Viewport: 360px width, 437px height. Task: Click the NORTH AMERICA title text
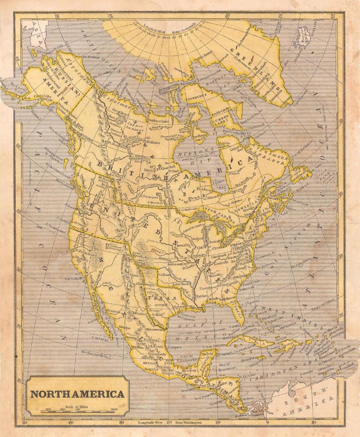pyautogui.click(x=77, y=394)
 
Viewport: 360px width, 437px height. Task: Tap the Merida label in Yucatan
pyautogui.click(x=207, y=353)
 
